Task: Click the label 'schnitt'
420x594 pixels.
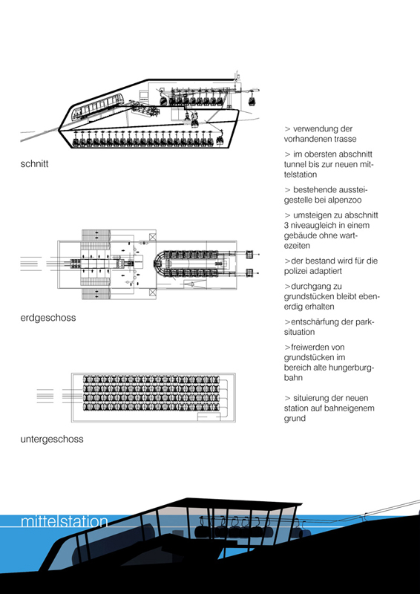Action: pyautogui.click(x=34, y=164)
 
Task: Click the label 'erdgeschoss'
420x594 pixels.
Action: pyautogui.click(x=48, y=318)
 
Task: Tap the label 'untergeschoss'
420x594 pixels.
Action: pyautogui.click(x=52, y=440)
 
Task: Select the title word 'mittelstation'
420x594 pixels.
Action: pyautogui.click(x=65, y=521)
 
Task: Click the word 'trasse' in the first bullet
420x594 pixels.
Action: pyautogui.click(x=345, y=139)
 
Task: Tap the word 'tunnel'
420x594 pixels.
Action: pyautogui.click(x=295, y=164)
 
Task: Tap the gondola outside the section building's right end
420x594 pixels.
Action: pyautogui.click(x=251, y=102)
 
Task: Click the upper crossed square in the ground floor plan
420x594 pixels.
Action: pyautogui.click(x=152, y=237)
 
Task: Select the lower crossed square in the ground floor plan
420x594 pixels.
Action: pyautogui.click(x=152, y=292)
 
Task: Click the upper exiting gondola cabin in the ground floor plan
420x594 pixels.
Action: pyautogui.click(x=249, y=255)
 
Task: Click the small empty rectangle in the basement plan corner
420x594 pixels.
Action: pyautogui.click(x=209, y=417)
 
